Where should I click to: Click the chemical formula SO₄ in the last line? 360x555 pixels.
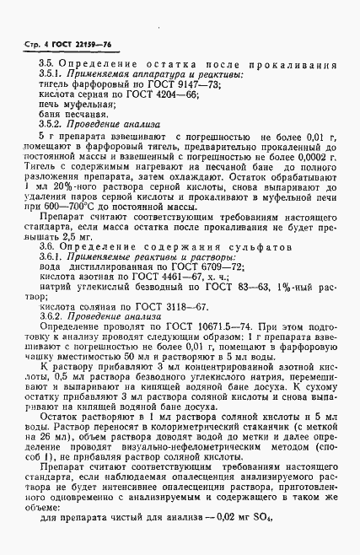(x=274, y=542)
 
